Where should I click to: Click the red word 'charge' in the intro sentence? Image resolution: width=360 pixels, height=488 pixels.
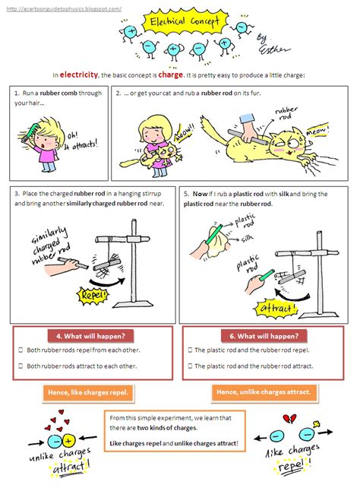pyautogui.click(x=170, y=74)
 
